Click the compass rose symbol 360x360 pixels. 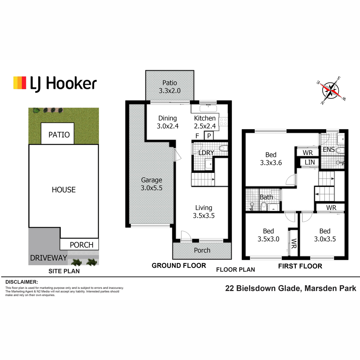point(331,91)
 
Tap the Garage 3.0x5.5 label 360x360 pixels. point(151,184)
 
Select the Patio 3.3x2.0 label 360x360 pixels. point(169,87)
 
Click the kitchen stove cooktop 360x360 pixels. point(223,121)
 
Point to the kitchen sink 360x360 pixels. point(208,108)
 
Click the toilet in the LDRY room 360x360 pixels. point(223,148)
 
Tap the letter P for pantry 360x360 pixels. point(209,136)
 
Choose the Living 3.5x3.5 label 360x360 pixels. point(204,212)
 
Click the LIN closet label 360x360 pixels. point(310,162)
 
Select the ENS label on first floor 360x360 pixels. point(329,149)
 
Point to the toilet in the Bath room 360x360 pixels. point(264,207)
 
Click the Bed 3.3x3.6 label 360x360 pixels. point(271,159)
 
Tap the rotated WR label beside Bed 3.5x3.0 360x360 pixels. point(294,243)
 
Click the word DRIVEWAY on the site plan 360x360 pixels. point(49,258)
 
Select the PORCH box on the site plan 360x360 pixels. point(79,244)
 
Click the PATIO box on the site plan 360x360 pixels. point(58,133)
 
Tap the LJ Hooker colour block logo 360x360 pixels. point(19,82)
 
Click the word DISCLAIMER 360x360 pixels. point(22,282)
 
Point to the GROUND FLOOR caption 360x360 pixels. point(179,265)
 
